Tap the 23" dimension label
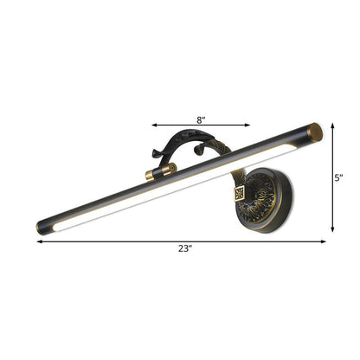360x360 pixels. pos(184,251)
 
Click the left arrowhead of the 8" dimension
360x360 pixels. pos(155,123)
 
